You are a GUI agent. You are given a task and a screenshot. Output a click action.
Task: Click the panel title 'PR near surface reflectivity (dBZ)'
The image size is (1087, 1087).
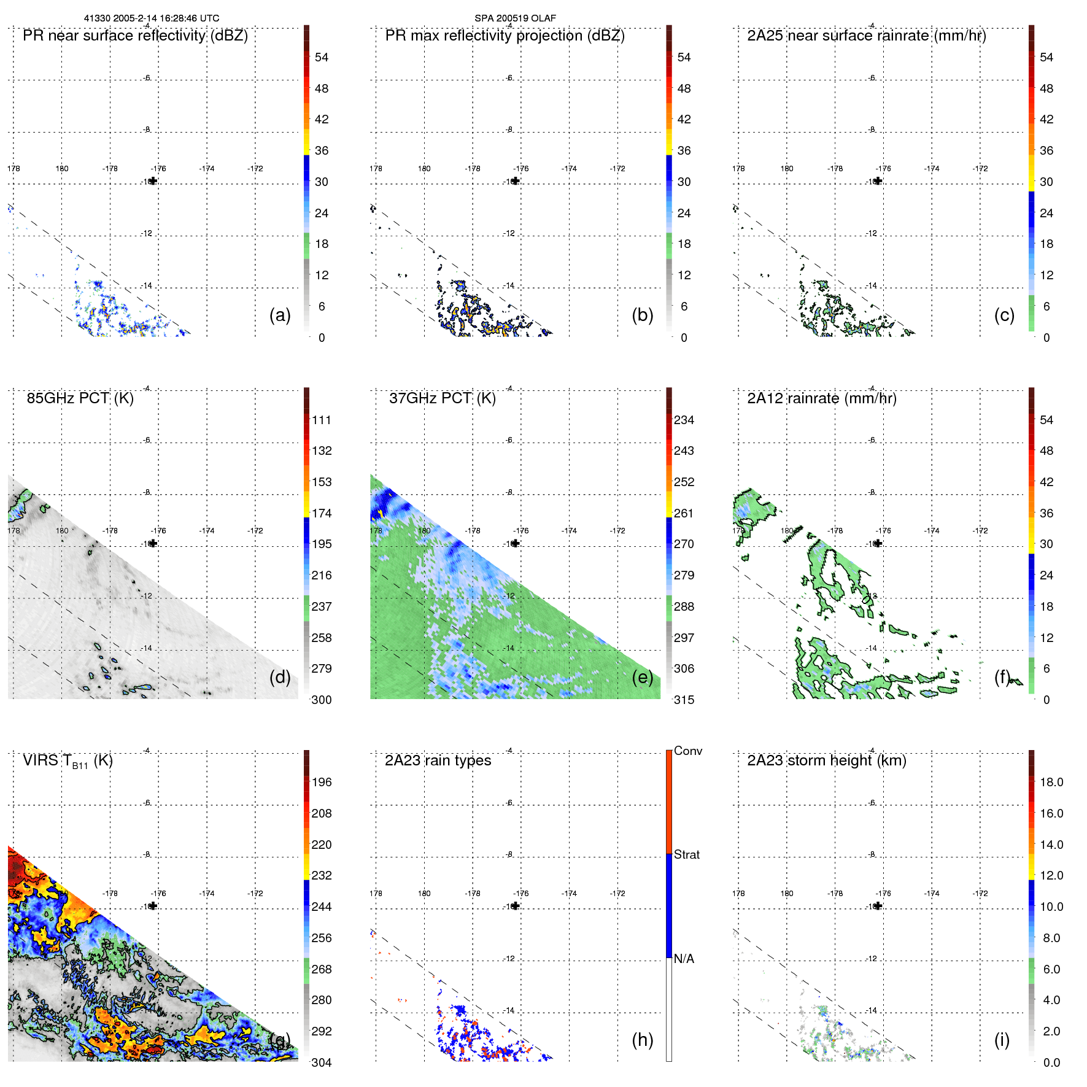point(135,36)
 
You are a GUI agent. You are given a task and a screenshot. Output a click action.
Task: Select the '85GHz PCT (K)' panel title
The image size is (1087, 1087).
point(80,398)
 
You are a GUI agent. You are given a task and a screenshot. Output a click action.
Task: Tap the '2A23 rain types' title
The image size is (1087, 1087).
point(438,760)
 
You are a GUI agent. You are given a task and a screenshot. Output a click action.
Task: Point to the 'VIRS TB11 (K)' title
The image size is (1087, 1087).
point(68,761)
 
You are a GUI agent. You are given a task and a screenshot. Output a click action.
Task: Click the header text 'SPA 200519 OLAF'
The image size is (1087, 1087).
point(515,18)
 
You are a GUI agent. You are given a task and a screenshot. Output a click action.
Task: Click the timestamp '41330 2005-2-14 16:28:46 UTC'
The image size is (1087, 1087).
point(151,18)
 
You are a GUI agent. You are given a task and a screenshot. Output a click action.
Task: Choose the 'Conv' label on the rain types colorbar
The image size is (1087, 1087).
point(687,751)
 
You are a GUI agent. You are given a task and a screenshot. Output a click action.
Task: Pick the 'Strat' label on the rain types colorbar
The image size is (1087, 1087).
point(686,854)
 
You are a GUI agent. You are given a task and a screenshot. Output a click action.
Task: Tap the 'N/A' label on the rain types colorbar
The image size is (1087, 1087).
point(684,959)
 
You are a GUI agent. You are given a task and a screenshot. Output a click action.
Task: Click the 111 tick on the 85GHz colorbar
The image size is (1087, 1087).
point(322,420)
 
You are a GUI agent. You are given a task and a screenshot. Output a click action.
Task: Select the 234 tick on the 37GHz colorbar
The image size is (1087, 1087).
point(684,420)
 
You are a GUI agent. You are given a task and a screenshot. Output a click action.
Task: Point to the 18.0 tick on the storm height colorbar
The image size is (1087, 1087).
point(1051,783)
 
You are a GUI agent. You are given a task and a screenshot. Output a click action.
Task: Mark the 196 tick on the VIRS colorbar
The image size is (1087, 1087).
point(322,783)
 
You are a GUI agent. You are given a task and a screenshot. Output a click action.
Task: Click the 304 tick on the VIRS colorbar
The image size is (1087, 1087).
point(322,1062)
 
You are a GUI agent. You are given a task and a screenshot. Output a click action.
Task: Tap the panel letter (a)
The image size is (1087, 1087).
point(280,315)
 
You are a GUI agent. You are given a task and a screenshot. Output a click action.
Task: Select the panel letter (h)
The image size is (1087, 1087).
point(643,1039)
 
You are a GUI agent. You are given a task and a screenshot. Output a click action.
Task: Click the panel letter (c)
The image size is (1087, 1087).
point(1004,315)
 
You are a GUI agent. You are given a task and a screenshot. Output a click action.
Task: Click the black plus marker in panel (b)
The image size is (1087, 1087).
point(516,181)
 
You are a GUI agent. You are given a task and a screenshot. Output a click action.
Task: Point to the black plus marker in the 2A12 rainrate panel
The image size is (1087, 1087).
point(878,543)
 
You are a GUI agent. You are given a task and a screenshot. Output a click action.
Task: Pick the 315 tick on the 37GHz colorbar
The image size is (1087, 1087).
point(684,700)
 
